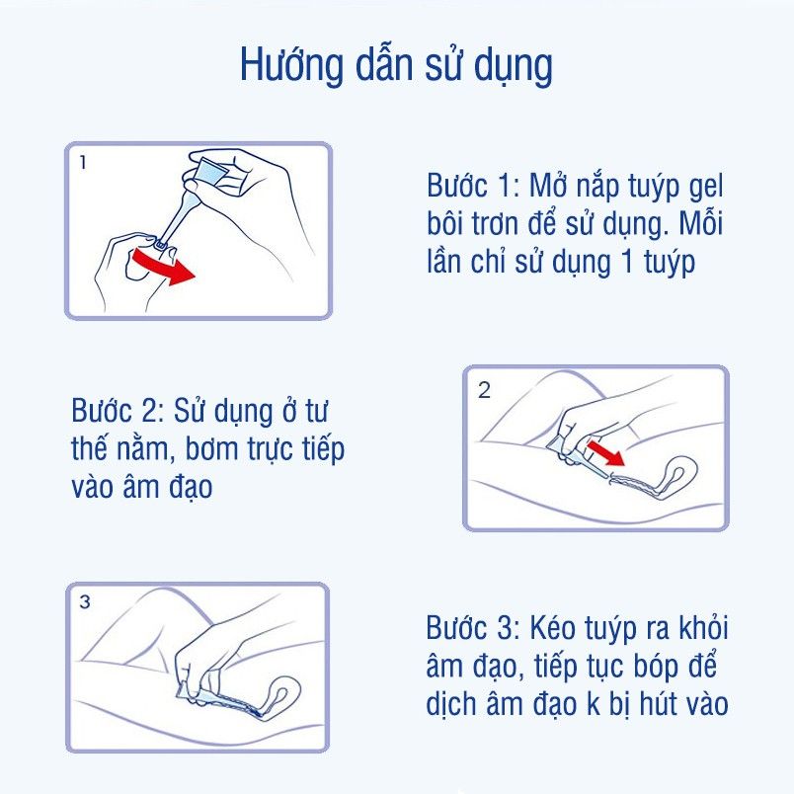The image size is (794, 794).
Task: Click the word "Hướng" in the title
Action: [291, 66]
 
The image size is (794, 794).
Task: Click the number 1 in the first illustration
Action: [83, 163]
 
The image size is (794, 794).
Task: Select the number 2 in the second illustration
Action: [484, 390]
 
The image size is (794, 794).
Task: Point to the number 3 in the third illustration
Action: [85, 601]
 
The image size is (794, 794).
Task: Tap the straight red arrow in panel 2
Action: [605, 452]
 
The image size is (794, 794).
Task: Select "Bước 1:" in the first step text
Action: [473, 186]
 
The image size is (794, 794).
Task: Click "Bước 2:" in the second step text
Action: [118, 411]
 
